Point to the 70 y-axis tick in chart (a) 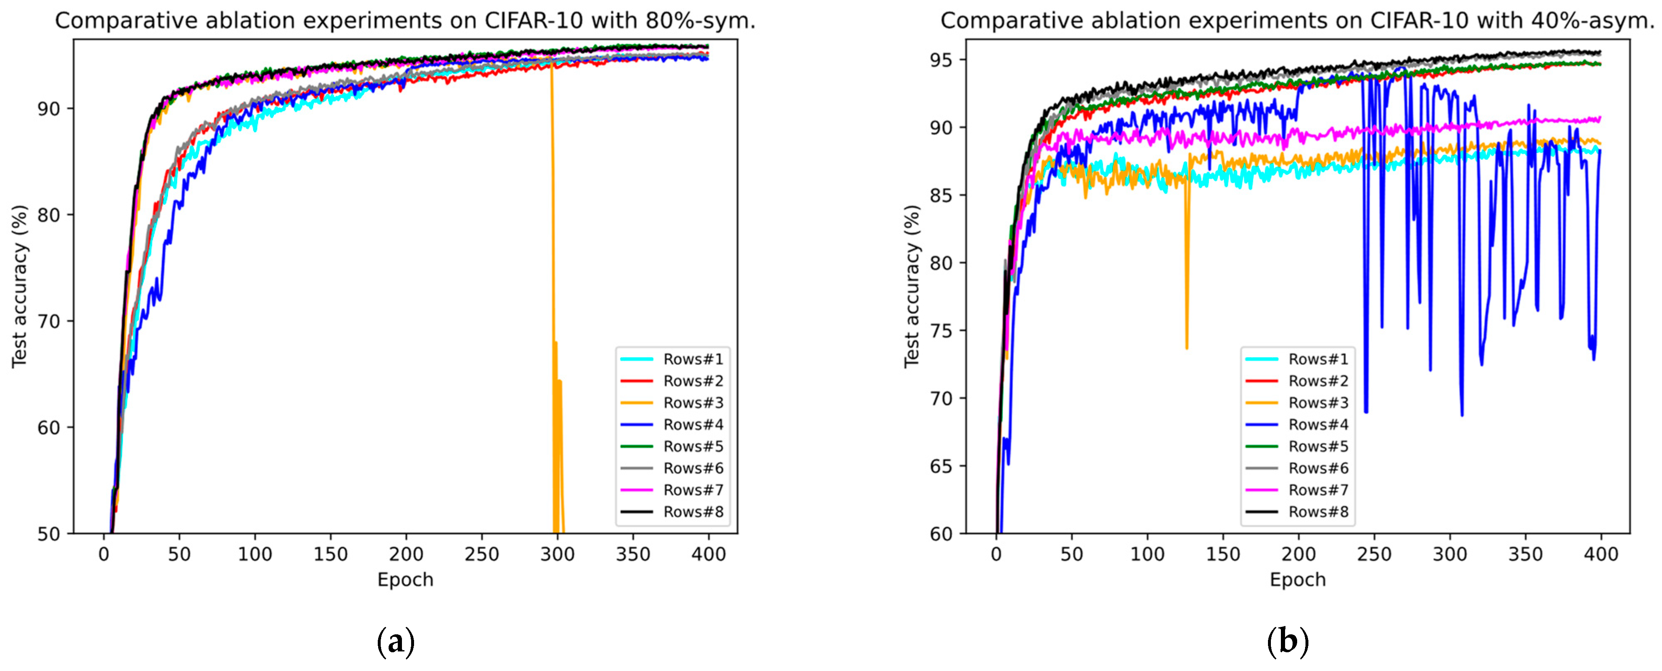(48, 321)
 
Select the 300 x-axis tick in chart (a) (557, 554)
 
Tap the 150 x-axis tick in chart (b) (1223, 554)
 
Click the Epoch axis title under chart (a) (405, 579)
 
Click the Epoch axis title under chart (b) (1298, 579)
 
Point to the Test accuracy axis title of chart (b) (911, 287)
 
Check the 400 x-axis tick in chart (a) (708, 554)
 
